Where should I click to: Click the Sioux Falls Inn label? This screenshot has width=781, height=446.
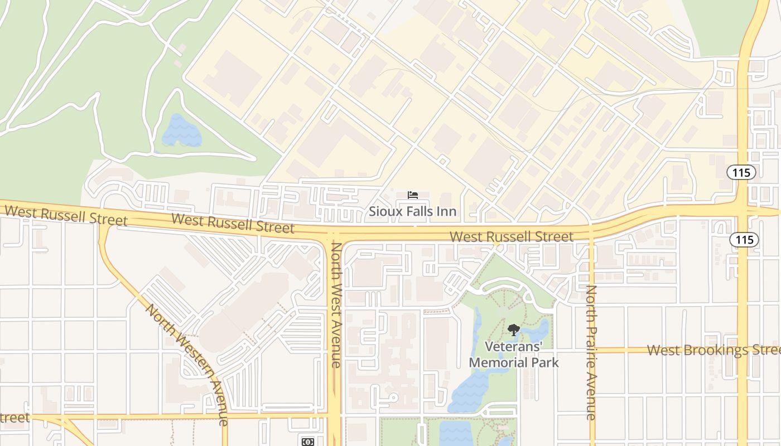412,211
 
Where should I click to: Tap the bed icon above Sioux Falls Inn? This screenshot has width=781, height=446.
412,195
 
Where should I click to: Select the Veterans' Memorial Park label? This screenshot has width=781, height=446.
513,355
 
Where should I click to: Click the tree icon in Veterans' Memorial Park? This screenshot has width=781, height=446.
513,329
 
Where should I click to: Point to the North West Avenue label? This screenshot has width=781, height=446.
336,305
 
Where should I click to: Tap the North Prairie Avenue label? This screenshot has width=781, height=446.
591,352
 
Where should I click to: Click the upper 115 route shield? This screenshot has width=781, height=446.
741,172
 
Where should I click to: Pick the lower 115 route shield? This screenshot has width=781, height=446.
744,240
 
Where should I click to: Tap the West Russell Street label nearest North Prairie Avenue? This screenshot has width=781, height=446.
511,236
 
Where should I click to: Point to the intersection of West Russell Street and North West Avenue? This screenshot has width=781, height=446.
335,232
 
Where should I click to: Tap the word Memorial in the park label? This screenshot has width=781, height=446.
504,362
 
